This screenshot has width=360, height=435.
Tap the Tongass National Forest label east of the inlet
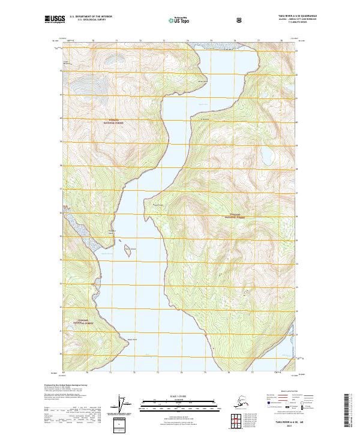[238, 215]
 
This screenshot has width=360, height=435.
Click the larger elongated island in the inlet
[128, 249]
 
